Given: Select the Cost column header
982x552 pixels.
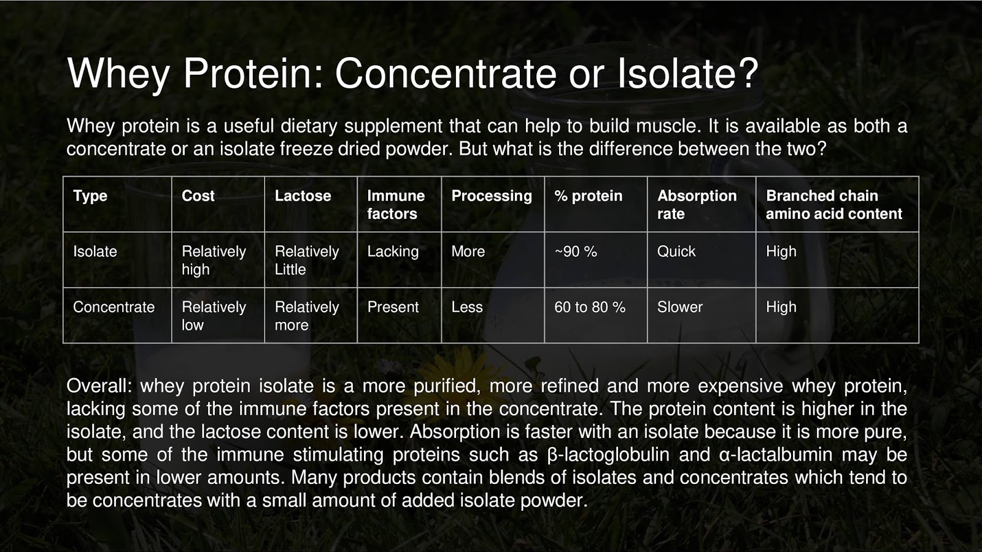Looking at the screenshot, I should click(198, 196).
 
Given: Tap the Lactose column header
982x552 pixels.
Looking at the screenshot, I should click(303, 196).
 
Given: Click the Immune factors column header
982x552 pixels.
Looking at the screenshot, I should click(396, 204).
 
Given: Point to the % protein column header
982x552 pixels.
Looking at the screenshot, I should click(588, 196).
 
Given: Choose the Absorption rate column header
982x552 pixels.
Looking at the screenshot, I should click(697, 204).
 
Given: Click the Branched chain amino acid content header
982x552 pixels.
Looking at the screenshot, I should click(833, 204).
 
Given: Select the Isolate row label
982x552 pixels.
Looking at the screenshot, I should click(95, 251).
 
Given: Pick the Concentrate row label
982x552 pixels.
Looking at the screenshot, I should click(114, 307).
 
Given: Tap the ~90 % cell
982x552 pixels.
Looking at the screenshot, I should click(576, 251).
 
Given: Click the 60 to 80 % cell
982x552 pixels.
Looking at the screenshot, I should click(590, 307).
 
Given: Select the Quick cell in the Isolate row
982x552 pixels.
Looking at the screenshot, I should click(676, 251).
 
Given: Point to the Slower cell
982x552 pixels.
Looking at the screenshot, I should click(680, 307).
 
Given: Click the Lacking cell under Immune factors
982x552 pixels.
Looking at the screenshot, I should click(393, 251).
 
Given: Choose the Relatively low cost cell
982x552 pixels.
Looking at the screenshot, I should click(214, 316).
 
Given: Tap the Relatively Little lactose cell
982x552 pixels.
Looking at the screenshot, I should click(306, 260).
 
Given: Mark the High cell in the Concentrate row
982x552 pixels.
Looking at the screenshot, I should click(781, 307).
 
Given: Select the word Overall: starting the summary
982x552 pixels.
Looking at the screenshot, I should click(99, 386).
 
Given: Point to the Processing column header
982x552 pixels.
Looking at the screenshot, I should click(492, 196).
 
